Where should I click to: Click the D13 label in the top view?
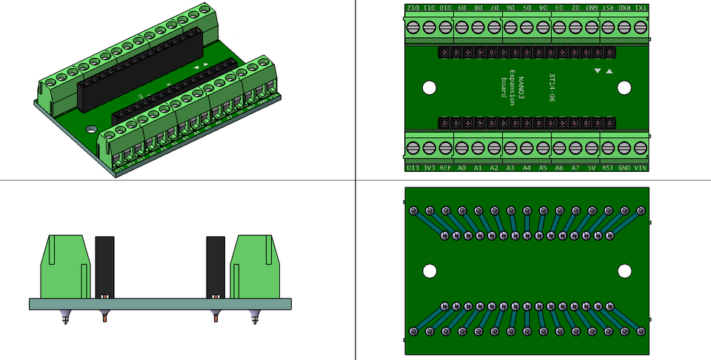[x=413, y=167]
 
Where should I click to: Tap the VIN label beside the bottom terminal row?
[x=641, y=167]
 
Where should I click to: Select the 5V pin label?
[x=592, y=167]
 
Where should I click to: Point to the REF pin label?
[x=445, y=167]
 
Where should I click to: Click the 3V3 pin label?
[x=429, y=167]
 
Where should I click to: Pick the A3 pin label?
[x=510, y=167]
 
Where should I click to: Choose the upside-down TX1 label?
[x=641, y=7]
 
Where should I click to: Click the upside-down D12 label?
[x=413, y=7]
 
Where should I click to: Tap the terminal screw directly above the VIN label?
[x=641, y=147]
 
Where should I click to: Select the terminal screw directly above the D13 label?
[x=413, y=147]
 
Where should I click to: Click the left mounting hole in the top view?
[x=430, y=87]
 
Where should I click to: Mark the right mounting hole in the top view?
[x=624, y=87]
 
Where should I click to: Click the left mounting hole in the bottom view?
[x=430, y=270]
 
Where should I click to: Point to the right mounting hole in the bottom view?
[x=624, y=270]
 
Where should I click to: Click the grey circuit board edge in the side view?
[x=159, y=304]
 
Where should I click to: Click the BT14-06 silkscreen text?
[x=552, y=87]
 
